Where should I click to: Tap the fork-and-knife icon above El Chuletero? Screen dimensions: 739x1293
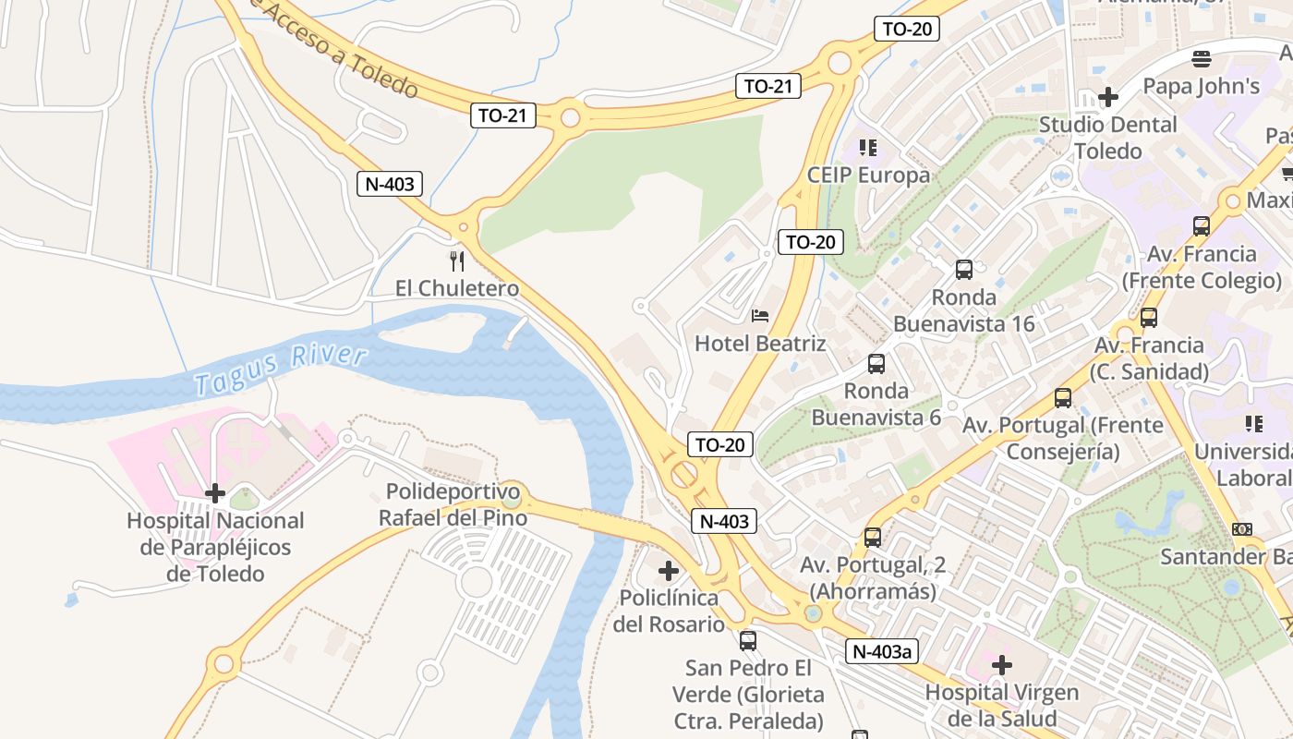click(x=456, y=260)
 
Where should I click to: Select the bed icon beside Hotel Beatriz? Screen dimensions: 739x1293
click(x=760, y=316)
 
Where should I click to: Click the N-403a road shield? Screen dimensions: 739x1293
click(x=882, y=651)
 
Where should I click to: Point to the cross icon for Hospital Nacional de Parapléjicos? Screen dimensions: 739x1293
click(x=214, y=493)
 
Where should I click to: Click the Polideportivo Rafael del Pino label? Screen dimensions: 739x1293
click(x=453, y=504)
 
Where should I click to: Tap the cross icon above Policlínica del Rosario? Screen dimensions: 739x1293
click(x=669, y=571)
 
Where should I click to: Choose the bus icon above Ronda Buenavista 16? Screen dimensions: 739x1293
click(x=964, y=270)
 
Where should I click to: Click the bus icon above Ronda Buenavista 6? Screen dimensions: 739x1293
click(x=876, y=364)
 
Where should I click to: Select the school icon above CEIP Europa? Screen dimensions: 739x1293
click(x=867, y=148)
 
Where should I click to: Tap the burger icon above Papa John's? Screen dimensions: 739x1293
click(x=1202, y=60)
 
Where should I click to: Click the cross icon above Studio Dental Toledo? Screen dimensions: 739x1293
click(x=1108, y=97)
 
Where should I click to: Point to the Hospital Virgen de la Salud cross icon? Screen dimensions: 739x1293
click(x=1002, y=665)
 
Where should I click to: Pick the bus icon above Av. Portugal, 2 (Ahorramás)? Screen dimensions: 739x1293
click(x=873, y=537)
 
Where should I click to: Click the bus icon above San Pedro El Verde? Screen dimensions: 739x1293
click(x=748, y=640)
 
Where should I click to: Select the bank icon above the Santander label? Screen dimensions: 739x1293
click(x=1242, y=529)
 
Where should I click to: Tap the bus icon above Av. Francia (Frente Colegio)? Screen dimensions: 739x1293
click(x=1202, y=226)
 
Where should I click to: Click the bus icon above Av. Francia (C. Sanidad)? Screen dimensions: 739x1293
click(x=1149, y=318)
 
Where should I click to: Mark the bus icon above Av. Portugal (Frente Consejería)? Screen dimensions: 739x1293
click(x=1063, y=398)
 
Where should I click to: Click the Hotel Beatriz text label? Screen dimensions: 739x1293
click(x=760, y=344)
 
